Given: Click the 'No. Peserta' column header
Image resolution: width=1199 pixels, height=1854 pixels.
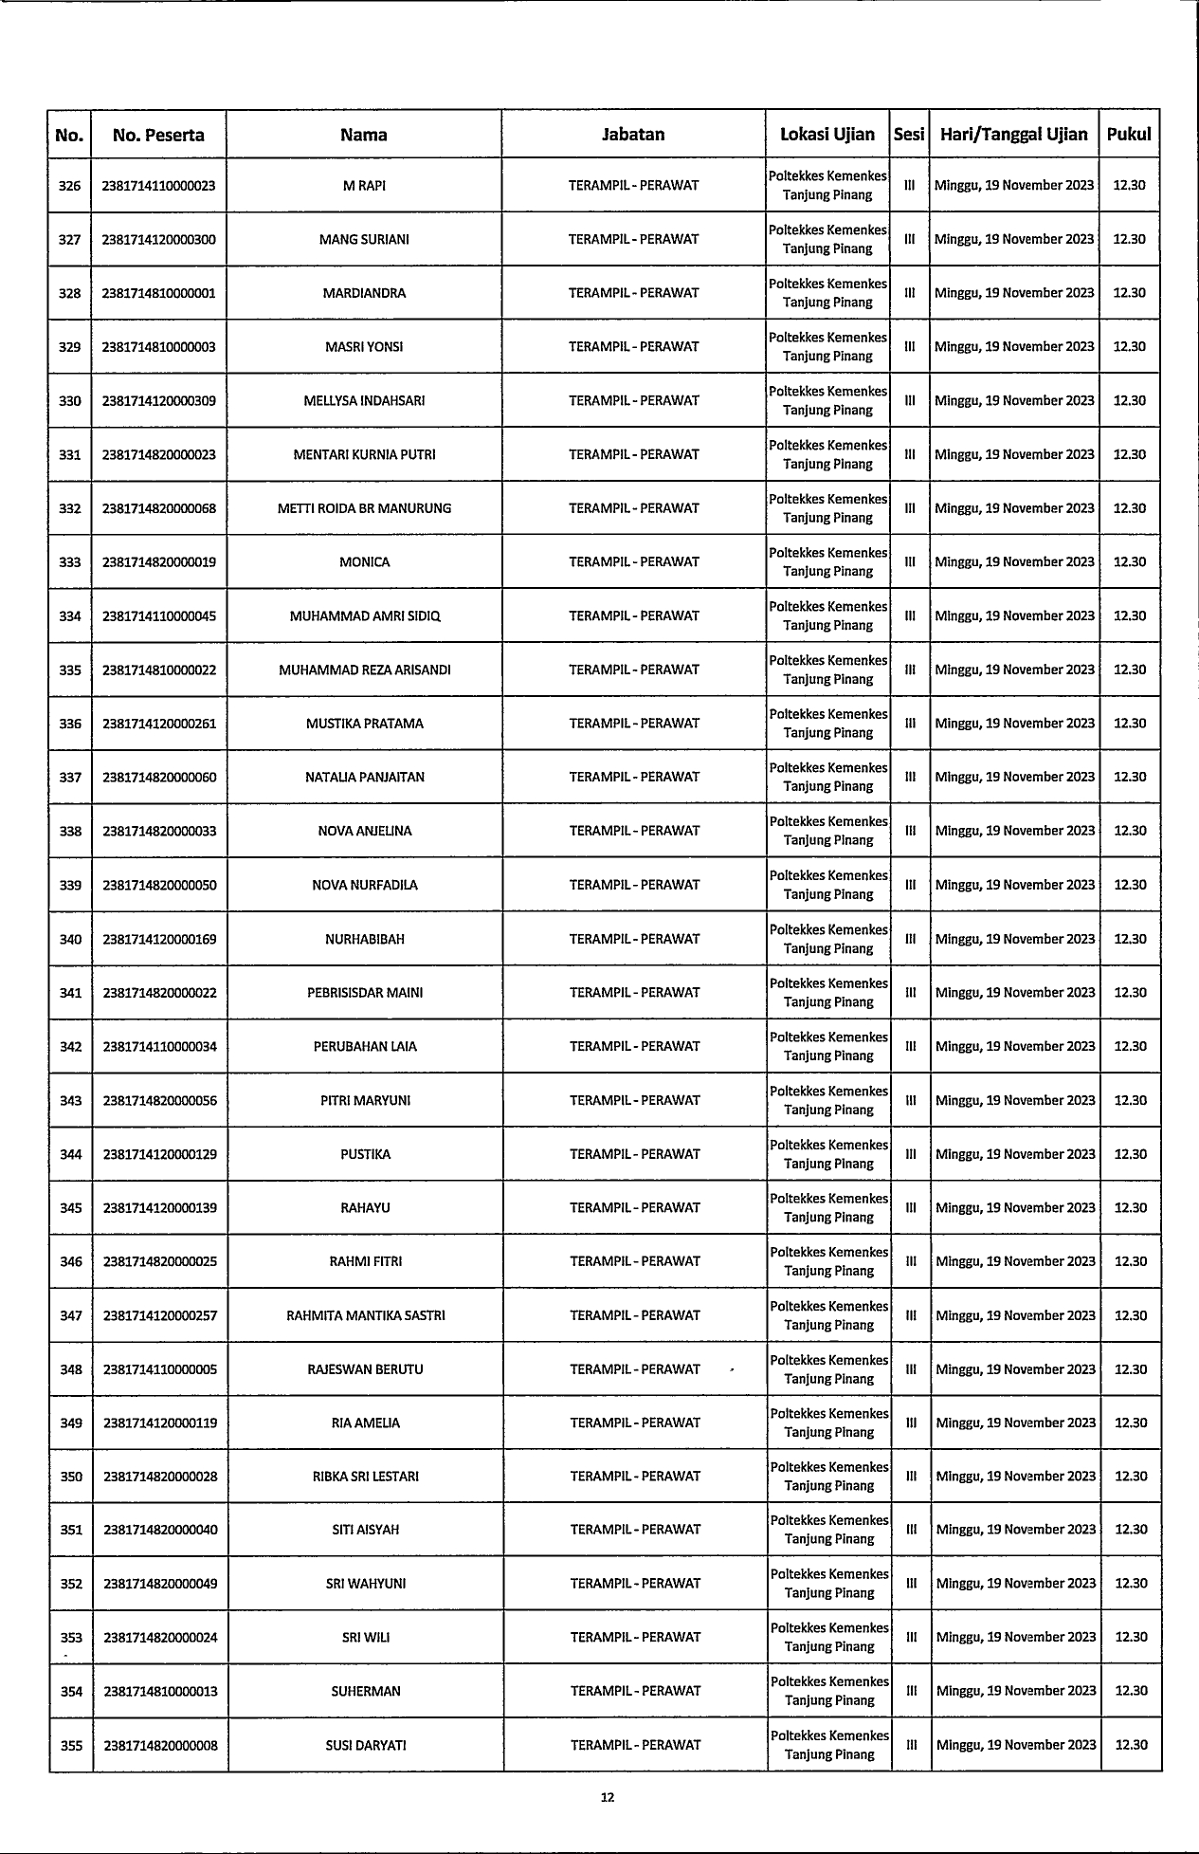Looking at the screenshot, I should point(158,135).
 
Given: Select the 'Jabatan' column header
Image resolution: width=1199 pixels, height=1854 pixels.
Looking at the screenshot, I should point(633,135).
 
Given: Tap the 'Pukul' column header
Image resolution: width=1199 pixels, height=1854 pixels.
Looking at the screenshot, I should point(1129,135).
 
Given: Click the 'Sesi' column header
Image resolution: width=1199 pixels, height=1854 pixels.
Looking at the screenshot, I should point(909,135).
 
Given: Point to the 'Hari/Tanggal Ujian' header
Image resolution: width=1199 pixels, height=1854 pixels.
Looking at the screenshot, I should point(1013,135).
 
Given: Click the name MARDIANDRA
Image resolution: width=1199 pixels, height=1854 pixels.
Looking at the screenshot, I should point(364,293).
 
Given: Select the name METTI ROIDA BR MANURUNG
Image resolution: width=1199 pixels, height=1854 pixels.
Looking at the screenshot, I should point(364,508).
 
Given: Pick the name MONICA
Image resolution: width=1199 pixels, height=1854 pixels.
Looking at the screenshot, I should point(364,562).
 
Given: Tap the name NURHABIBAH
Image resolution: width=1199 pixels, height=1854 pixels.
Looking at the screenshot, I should point(365,940).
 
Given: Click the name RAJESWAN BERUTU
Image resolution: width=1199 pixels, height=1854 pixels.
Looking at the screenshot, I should point(365,1369).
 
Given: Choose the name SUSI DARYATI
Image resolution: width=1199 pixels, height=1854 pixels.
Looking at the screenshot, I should point(366,1745).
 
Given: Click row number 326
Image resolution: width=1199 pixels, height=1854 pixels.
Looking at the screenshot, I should point(70,186).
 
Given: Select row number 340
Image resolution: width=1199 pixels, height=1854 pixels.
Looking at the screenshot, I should point(70,940).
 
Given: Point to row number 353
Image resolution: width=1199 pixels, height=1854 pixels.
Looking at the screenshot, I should point(71,1638).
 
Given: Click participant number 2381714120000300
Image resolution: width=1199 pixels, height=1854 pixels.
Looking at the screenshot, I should point(158,240).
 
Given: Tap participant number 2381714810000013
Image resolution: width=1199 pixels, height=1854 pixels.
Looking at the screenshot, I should point(160,1692).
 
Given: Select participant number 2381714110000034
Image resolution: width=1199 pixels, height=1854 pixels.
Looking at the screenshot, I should point(159,1047).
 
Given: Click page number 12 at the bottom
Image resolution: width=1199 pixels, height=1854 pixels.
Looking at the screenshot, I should point(608,1796).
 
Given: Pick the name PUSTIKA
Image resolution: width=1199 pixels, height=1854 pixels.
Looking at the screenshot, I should point(365,1154).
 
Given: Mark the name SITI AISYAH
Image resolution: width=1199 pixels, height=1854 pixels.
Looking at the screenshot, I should point(365,1530).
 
